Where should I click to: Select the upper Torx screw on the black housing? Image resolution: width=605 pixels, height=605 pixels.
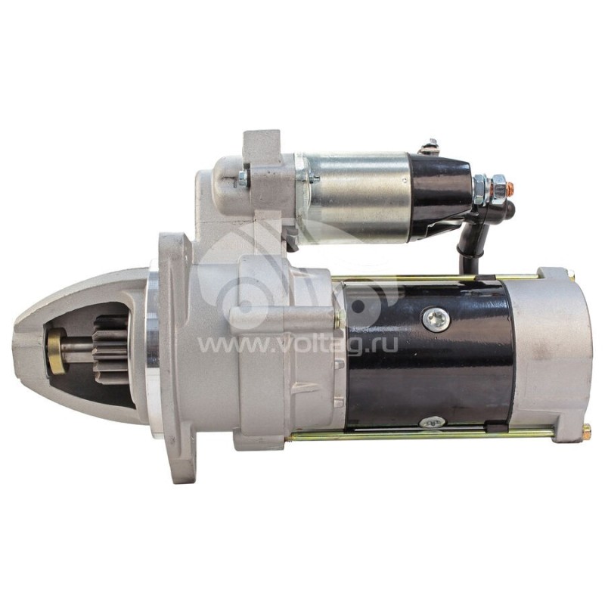tap(436, 320)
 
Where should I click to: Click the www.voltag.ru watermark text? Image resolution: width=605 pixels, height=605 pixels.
tap(297, 345)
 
